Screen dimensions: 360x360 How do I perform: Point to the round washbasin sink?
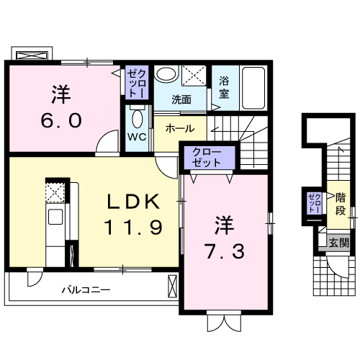click(x=166, y=75)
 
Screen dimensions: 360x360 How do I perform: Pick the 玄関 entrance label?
click(x=338, y=243)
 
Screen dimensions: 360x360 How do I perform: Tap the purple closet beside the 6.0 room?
click(x=137, y=85)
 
